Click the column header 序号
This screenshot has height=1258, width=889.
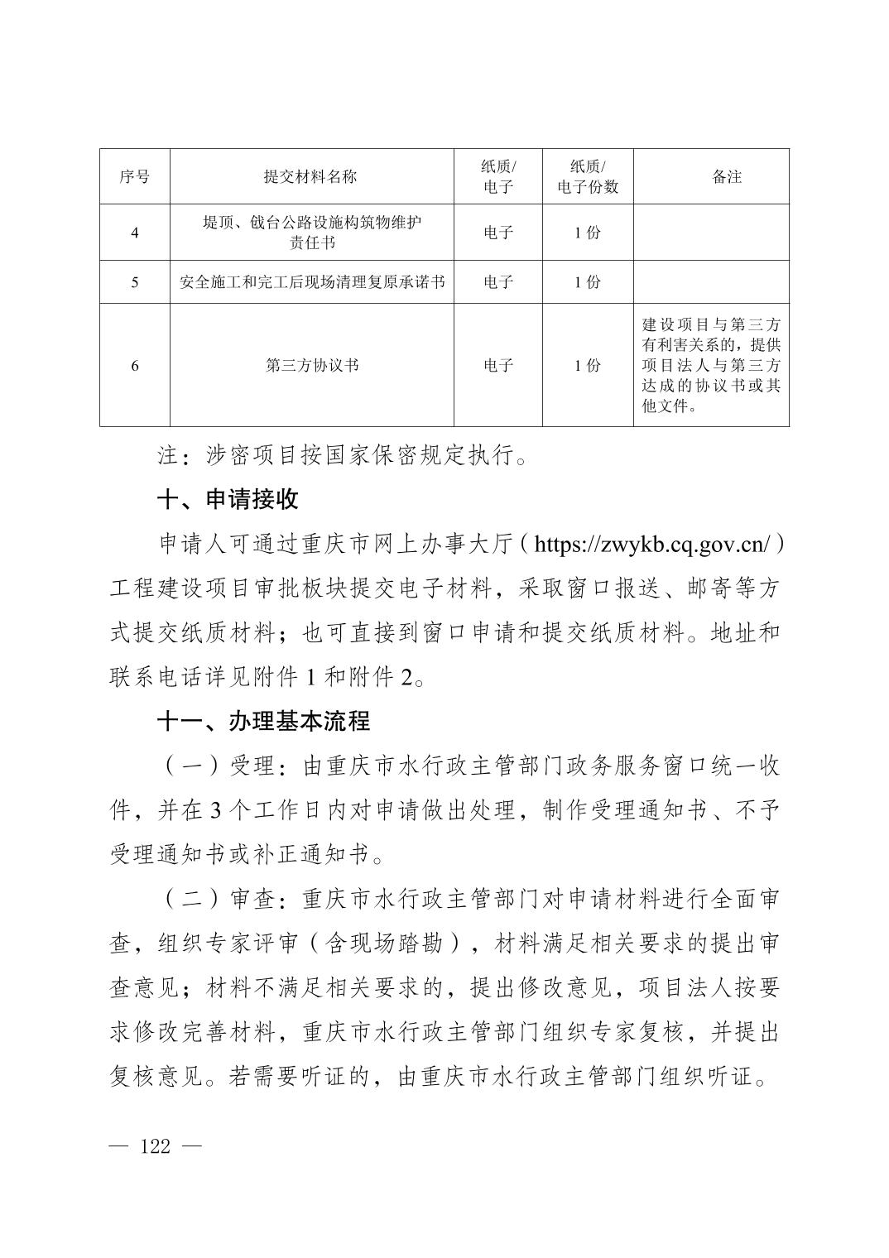134,176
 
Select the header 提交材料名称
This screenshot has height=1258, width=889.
310,176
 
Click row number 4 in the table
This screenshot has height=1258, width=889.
134,233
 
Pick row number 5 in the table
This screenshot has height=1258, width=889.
134,282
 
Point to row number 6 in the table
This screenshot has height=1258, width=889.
134,365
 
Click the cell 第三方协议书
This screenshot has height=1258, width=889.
311,365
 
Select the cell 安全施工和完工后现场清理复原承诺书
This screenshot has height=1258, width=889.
311,282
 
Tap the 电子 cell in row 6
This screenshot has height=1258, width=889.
498,365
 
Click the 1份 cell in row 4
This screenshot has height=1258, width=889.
588,233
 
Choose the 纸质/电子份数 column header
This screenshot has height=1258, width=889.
588,176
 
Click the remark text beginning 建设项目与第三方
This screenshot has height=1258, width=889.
711,365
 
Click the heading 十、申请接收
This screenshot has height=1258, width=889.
228,500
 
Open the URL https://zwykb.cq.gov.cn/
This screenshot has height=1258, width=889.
652,545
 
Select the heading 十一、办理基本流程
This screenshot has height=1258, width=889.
263,721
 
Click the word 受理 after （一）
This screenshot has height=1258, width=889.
252,766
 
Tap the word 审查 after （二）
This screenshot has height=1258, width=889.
252,898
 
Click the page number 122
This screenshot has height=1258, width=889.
156,1146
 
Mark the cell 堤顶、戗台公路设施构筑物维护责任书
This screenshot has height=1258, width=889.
311,233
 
